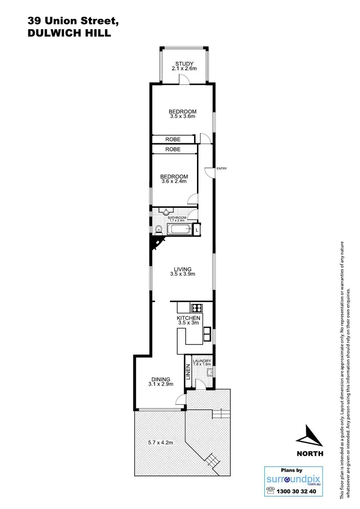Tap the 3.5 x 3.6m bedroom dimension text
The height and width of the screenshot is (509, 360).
(x=183, y=116)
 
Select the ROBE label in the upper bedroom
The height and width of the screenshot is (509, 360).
(x=172, y=140)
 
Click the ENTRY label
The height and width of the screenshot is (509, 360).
(x=222, y=169)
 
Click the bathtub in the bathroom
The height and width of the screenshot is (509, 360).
(x=179, y=230)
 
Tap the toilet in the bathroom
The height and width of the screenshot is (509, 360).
(x=160, y=230)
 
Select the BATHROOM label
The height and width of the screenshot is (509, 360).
(x=174, y=217)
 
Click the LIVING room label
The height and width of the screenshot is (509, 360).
(x=182, y=269)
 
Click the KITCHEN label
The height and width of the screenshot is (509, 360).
(x=188, y=319)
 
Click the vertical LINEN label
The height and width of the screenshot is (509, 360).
(x=188, y=372)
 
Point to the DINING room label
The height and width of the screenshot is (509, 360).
(x=160, y=379)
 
